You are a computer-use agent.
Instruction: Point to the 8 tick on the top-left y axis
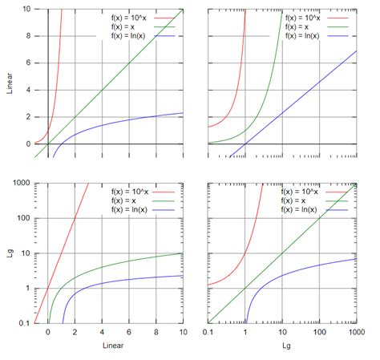(27, 36)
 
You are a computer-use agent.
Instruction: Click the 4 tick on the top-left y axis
(27, 90)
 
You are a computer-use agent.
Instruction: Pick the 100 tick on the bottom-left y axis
(22, 218)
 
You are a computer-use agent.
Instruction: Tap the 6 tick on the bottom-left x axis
(129, 332)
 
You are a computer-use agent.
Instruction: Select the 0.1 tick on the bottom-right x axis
(208, 332)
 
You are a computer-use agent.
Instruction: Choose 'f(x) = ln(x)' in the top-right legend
(305, 36)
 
